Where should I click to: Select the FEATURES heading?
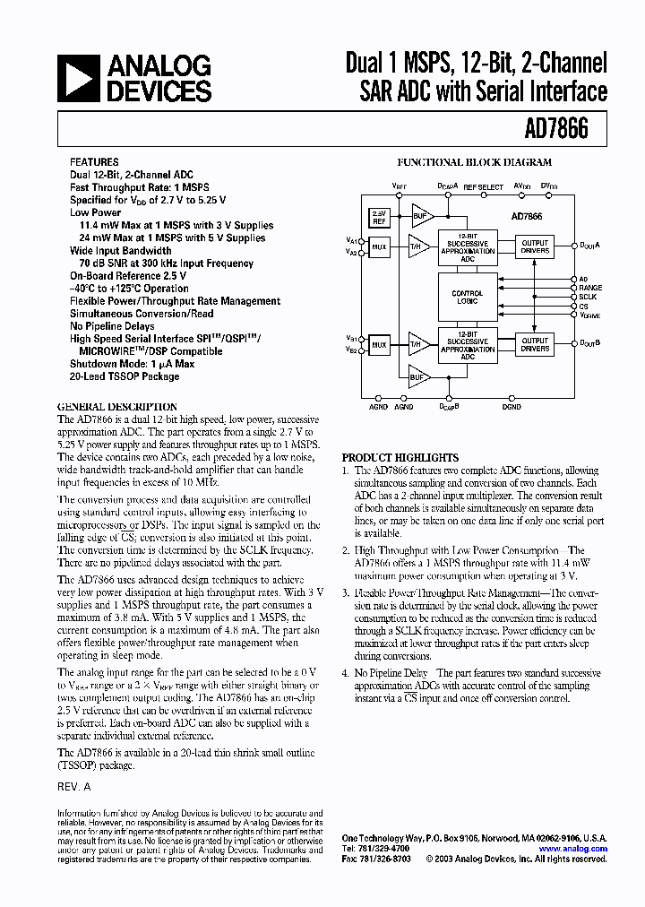coord(94,163)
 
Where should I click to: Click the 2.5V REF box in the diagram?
coord(379,218)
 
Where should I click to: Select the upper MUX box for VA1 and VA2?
coord(379,246)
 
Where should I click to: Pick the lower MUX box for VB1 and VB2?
coord(379,344)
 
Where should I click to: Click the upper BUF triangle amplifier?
coord(420,216)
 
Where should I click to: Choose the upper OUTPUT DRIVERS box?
coord(535,246)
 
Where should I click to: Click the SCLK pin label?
coord(588,297)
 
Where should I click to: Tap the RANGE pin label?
coord(589,288)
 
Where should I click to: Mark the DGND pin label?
coord(512,407)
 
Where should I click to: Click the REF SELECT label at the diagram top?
coord(483,186)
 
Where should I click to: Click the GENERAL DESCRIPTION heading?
coord(117,406)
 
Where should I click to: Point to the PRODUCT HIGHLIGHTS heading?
coord(400,457)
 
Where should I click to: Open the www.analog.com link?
coord(573,849)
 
